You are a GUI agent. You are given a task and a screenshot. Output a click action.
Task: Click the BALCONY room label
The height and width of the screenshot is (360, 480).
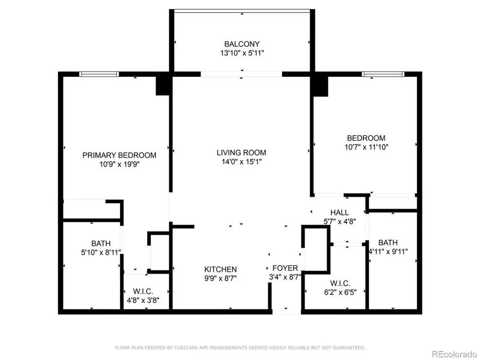point(242,44)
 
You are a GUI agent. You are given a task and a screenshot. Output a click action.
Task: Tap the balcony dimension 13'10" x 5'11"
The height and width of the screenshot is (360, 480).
point(242,53)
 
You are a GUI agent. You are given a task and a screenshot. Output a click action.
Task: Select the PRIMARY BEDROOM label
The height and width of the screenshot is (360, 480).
point(119,155)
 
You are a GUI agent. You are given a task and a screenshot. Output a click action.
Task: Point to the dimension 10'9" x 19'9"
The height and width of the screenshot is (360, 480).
point(119,164)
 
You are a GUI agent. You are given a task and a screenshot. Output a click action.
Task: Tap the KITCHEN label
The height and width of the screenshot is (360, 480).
point(221,269)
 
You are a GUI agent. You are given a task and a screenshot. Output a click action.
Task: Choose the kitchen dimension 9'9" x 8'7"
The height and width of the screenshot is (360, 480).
point(221,278)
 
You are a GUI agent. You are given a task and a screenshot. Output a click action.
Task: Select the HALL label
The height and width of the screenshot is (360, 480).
point(339,212)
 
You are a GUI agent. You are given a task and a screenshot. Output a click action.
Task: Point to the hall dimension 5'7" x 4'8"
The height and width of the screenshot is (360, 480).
point(339,221)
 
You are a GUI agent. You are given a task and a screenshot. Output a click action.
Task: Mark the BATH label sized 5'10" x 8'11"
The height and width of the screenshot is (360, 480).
point(100,243)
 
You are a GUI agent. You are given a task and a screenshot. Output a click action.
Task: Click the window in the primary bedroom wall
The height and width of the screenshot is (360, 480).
point(99,74)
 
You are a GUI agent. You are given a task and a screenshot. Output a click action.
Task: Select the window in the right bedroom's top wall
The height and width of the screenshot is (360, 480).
point(383,74)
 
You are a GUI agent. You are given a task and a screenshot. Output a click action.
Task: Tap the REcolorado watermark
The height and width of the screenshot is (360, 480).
point(454,353)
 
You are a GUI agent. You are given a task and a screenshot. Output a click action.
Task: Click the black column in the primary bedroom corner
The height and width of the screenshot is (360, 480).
point(163,85)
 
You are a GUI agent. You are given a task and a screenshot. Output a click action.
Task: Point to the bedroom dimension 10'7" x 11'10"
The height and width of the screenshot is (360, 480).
point(366,147)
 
